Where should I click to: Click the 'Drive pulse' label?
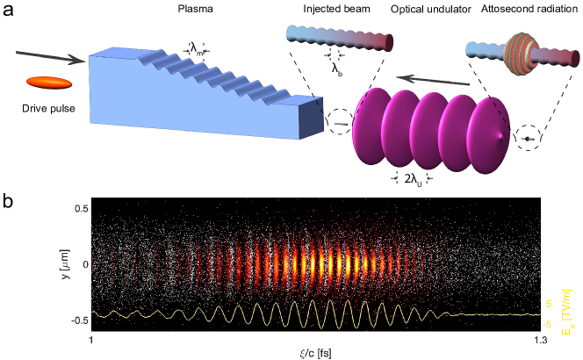tap(46, 110)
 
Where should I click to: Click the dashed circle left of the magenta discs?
tap(339, 124)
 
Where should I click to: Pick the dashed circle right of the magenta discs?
tap(527, 139)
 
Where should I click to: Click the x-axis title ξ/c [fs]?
tap(315, 352)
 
